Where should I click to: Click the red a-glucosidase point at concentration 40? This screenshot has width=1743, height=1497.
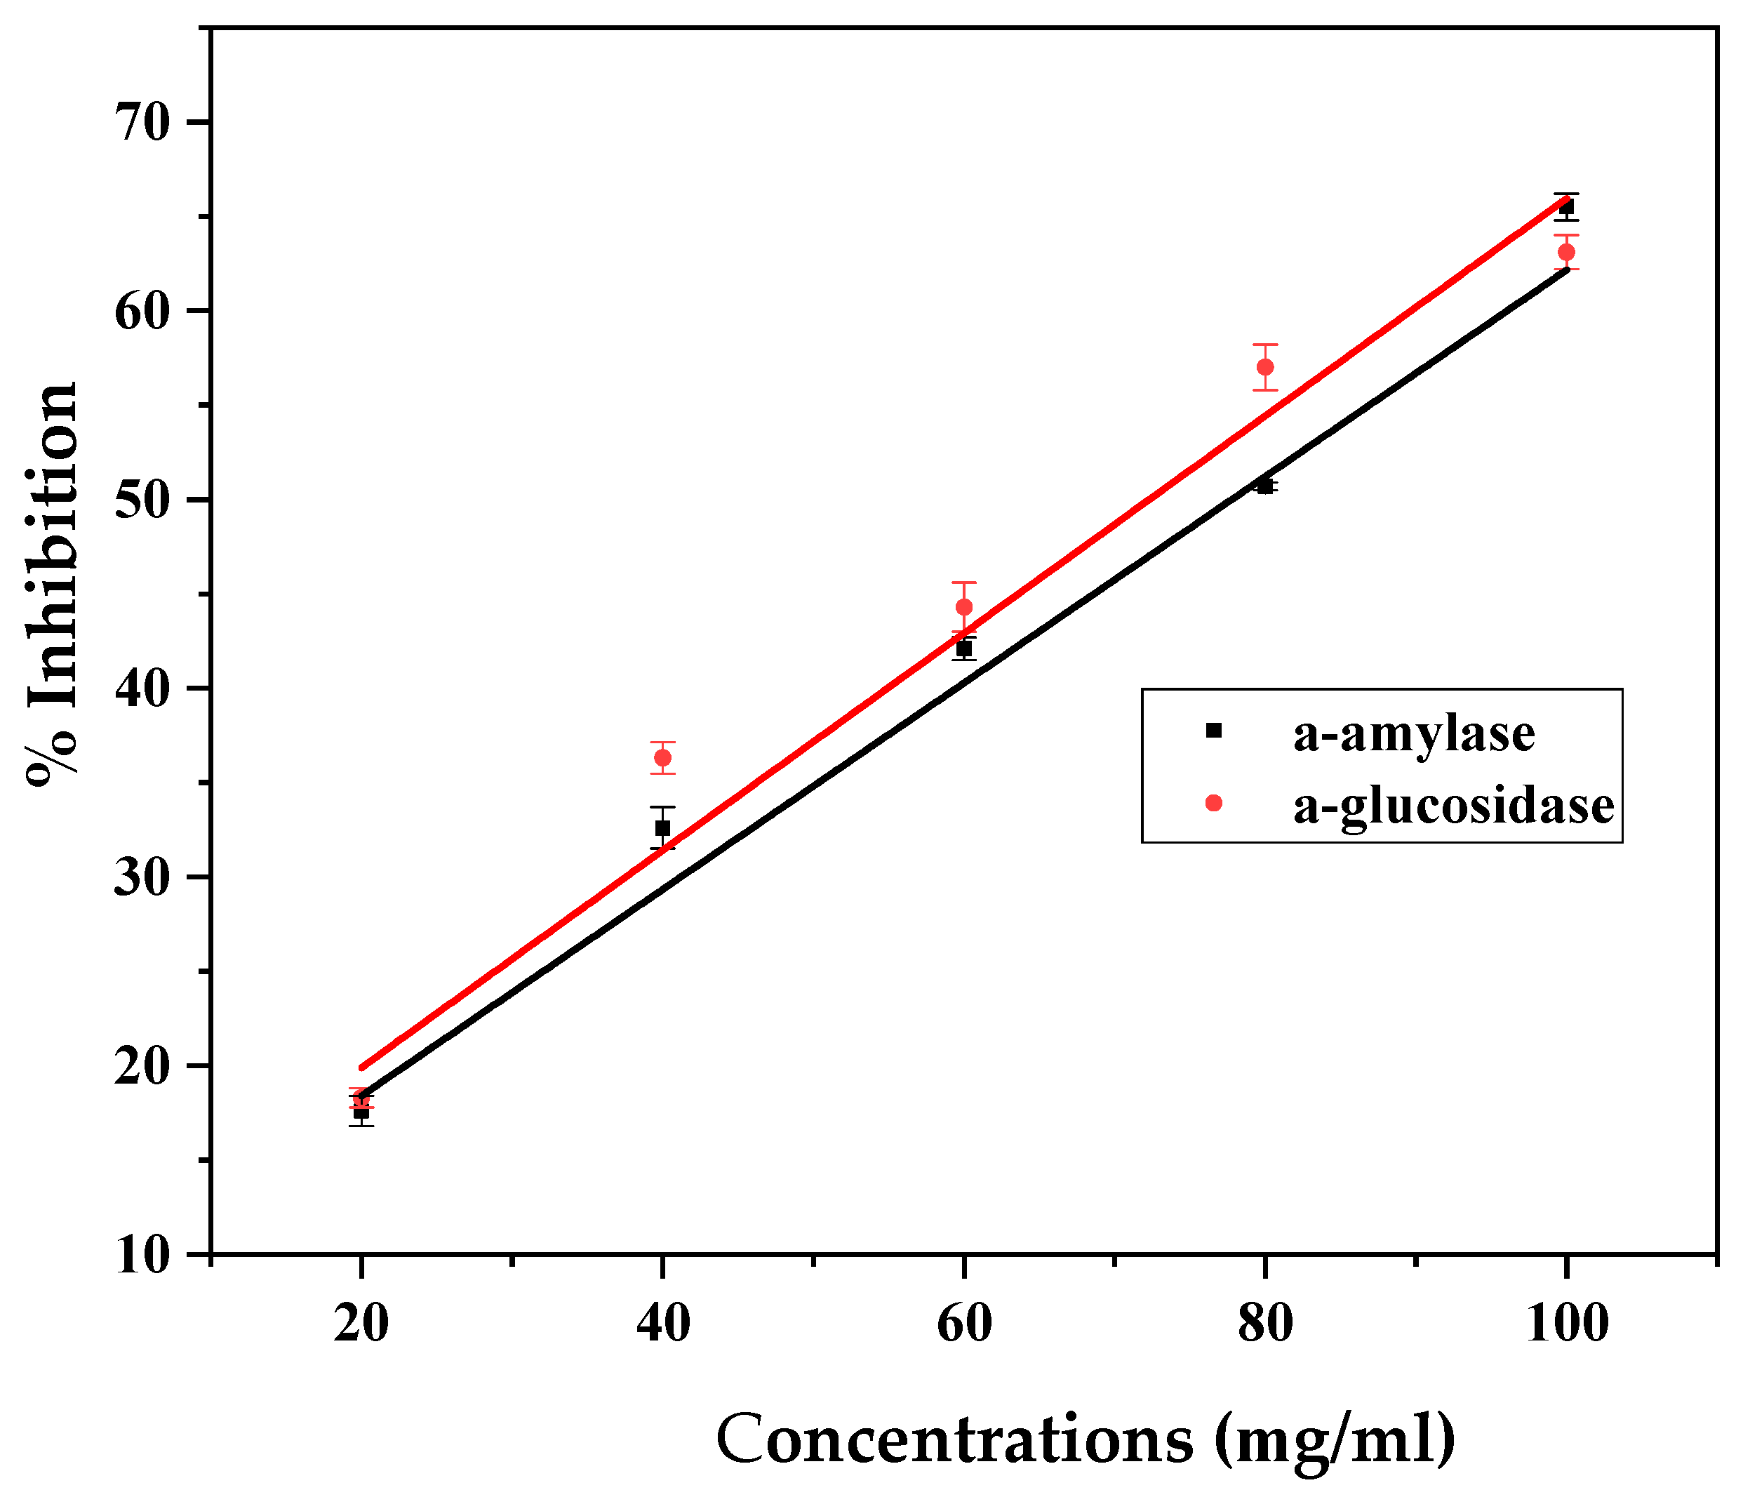click(x=663, y=757)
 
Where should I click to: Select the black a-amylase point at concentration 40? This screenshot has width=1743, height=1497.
click(x=663, y=828)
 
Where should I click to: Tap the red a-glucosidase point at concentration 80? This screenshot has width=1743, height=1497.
click(x=1265, y=367)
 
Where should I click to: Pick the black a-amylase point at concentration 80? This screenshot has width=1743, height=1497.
click(x=1265, y=486)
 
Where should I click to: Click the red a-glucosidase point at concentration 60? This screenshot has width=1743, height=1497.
click(x=964, y=606)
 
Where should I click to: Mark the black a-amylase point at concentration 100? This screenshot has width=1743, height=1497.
click(x=1566, y=207)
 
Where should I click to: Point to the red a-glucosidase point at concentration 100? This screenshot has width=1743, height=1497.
click(x=1566, y=253)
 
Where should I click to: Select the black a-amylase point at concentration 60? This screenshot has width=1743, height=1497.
click(x=964, y=648)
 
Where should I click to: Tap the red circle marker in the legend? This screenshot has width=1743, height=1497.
click(x=1214, y=803)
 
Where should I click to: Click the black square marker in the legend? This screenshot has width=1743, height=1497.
click(x=1214, y=731)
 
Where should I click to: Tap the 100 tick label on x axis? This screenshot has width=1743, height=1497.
click(x=1566, y=1324)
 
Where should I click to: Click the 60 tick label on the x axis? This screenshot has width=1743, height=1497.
click(x=964, y=1324)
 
